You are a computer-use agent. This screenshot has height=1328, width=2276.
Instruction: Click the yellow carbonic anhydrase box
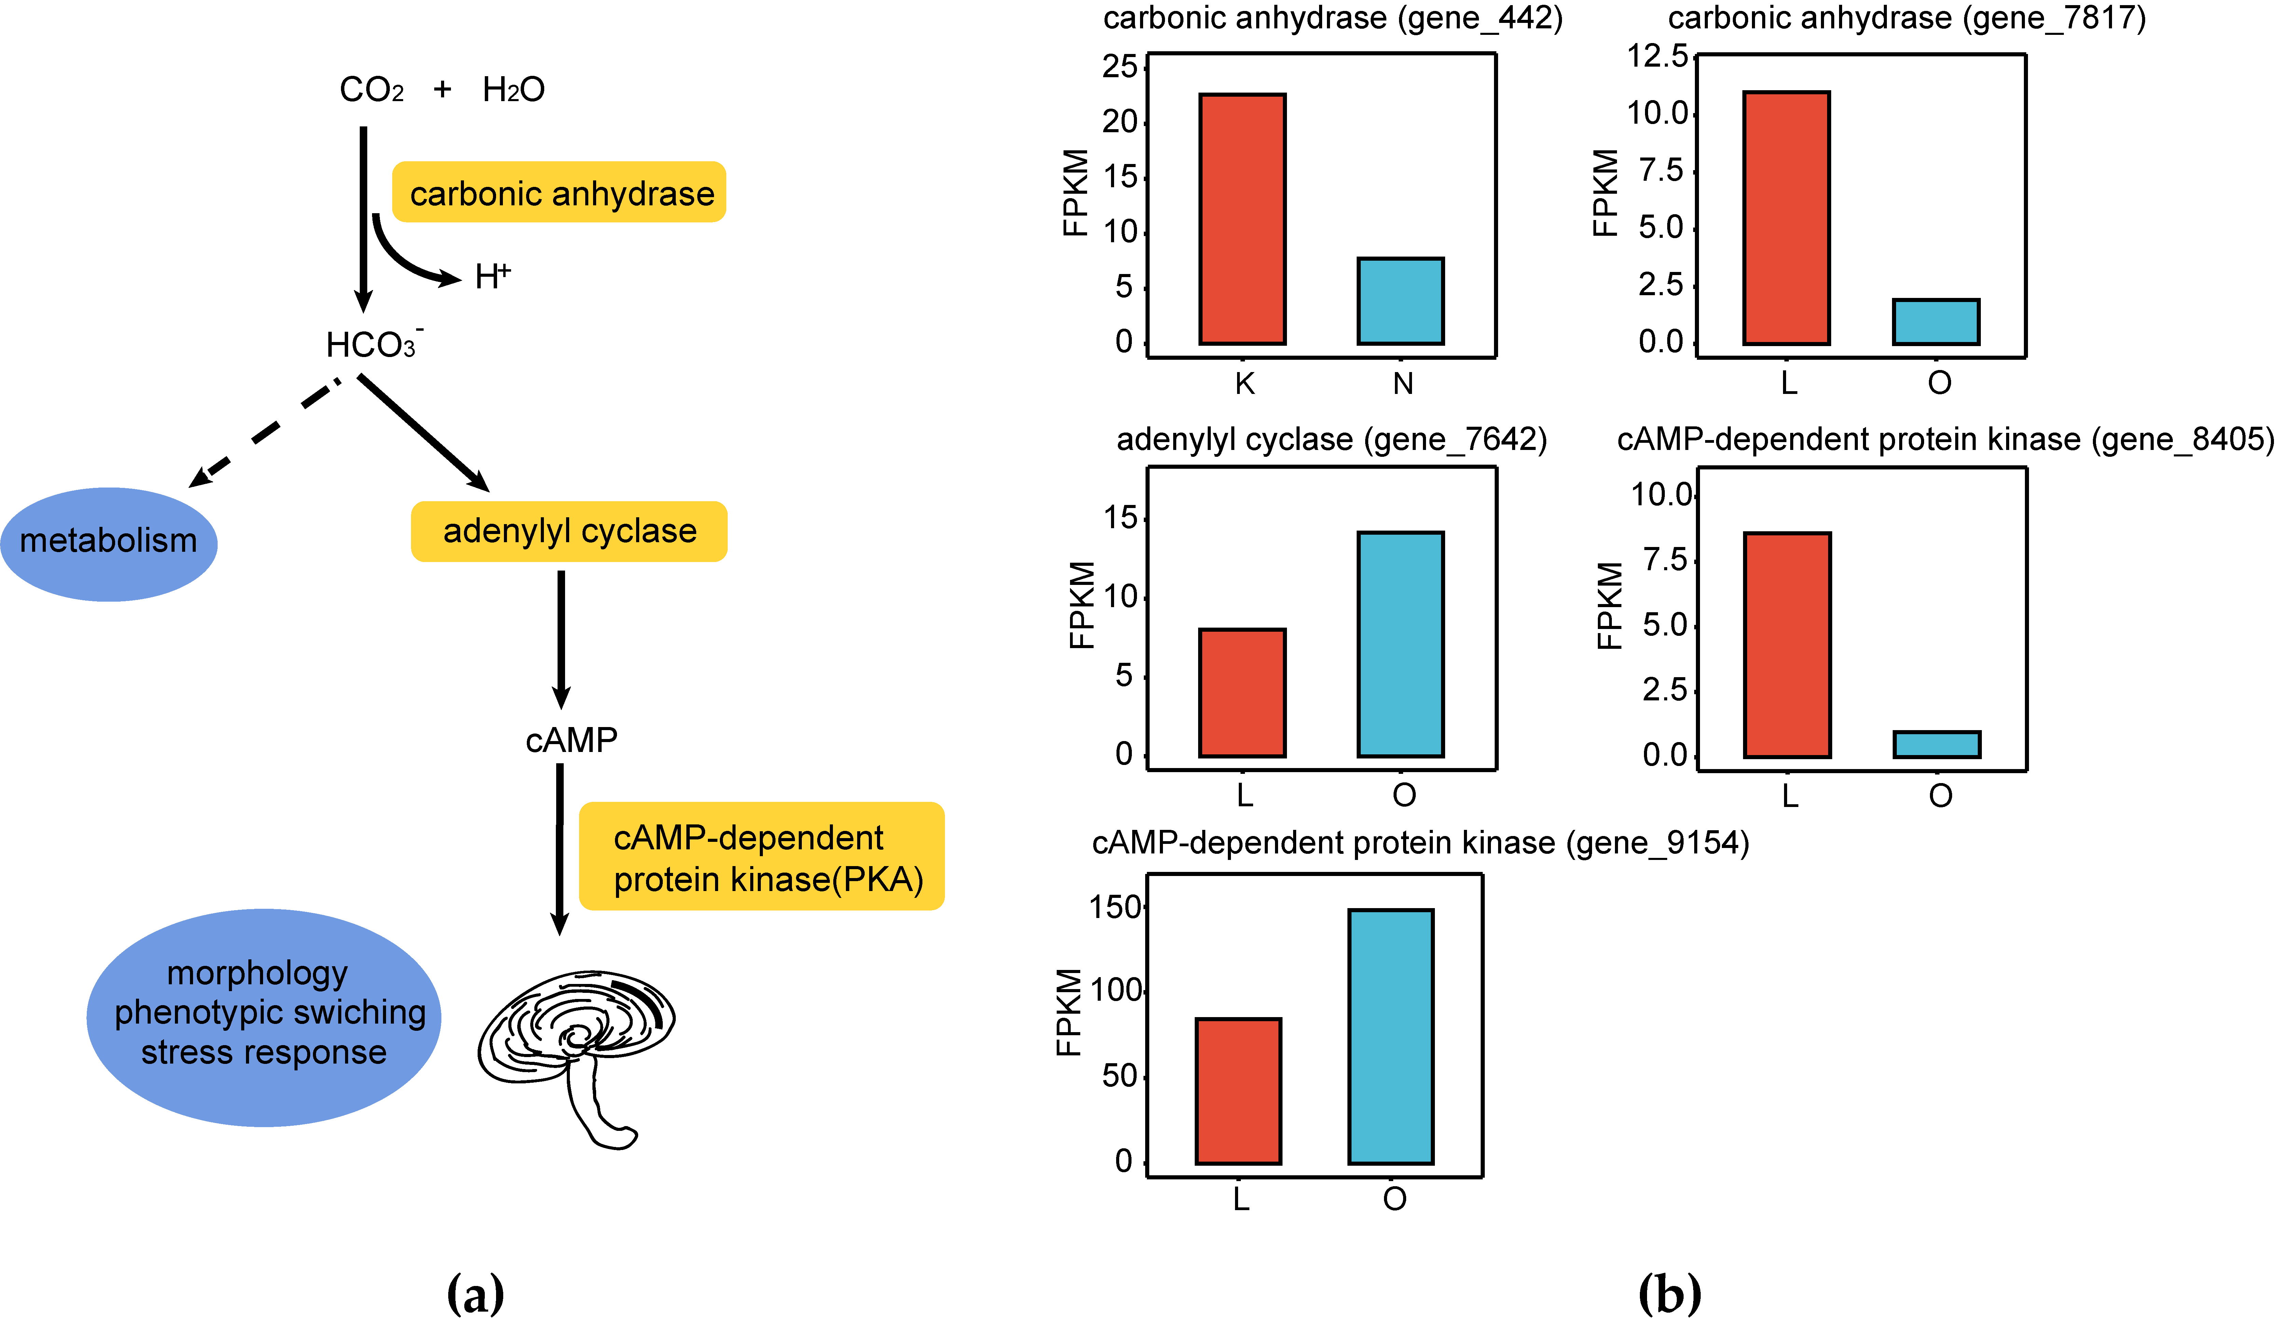point(559,192)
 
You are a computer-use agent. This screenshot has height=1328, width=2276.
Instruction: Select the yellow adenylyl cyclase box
point(569,531)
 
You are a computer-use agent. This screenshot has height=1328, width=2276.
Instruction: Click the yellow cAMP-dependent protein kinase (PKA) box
point(762,857)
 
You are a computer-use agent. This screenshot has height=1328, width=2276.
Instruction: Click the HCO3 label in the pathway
point(372,344)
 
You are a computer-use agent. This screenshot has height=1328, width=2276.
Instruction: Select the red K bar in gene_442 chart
point(1242,219)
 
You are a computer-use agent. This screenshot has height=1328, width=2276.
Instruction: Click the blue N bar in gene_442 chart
point(1400,301)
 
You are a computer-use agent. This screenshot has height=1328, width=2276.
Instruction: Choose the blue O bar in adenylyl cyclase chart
point(1400,644)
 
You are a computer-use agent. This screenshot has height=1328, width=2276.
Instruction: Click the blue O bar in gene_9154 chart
point(1391,1036)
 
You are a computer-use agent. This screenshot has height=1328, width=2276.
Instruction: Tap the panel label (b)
point(1669,1294)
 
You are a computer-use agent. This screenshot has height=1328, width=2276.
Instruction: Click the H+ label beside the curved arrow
point(492,275)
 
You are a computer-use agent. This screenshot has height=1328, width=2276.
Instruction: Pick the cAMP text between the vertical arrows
point(571,740)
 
